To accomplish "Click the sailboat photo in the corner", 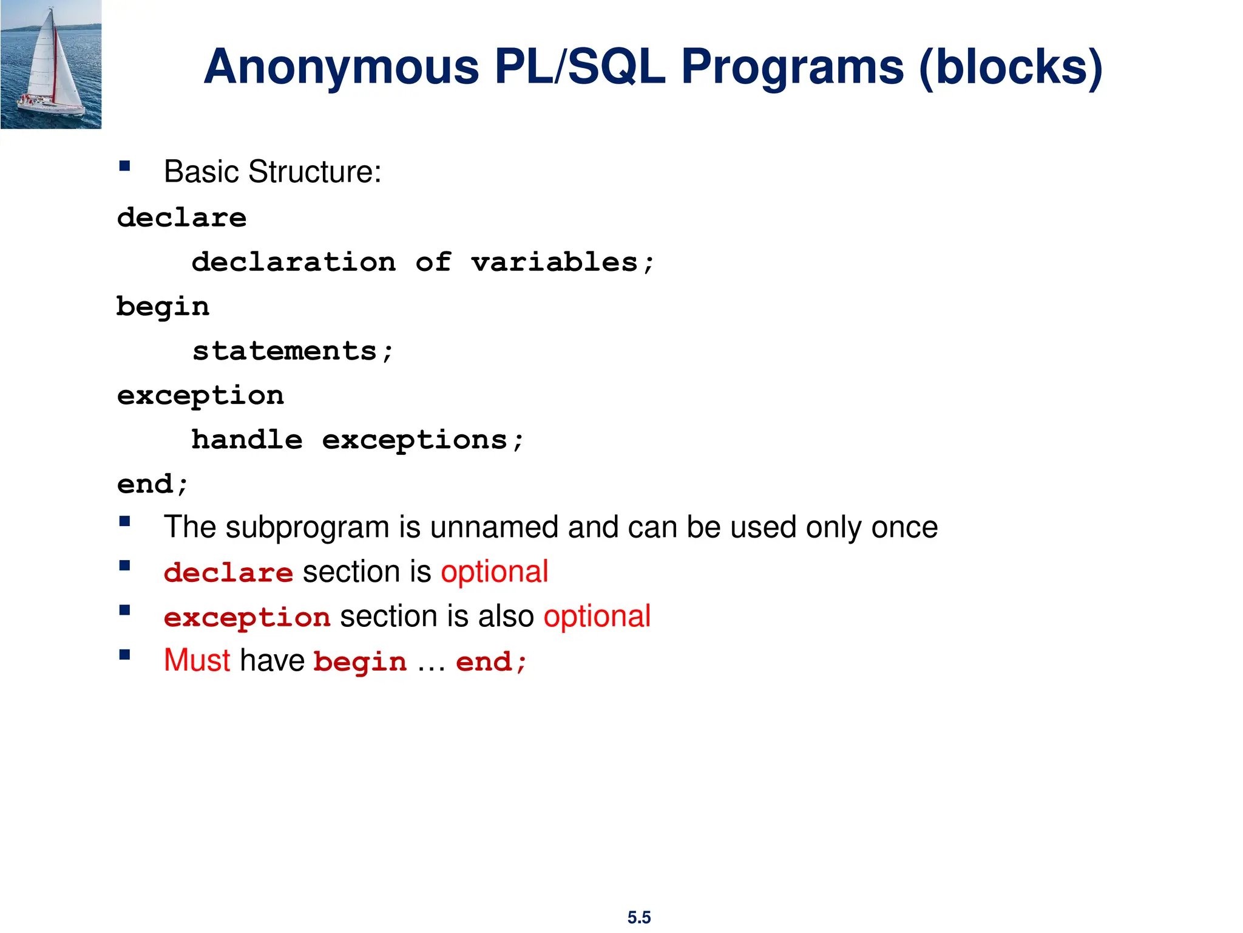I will click(51, 64).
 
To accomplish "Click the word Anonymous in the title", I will click(341, 67).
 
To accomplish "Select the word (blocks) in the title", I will click(1011, 68).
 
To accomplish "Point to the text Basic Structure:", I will click(273, 172).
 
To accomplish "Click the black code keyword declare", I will click(182, 217).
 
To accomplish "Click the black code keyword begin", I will click(163, 307).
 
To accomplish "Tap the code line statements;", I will click(293, 351).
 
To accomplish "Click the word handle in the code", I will click(247, 440).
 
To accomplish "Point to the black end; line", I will click(153, 484).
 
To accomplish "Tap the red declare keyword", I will click(228, 573).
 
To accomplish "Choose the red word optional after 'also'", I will click(597, 617).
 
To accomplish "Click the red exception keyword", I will click(247, 618).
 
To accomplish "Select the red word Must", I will click(197, 661).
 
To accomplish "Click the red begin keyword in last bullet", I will click(360, 663).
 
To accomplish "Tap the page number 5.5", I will click(638, 917).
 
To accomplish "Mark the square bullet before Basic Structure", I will click(125, 166).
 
